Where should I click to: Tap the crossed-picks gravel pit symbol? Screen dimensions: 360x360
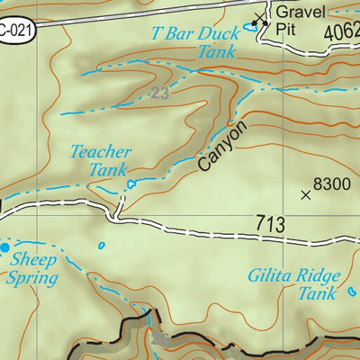[261, 17]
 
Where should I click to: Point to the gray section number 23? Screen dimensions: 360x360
[160, 93]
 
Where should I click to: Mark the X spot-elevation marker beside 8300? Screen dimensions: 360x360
[306, 193]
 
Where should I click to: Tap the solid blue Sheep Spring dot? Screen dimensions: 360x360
[5, 246]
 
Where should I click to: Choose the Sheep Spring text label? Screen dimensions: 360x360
[32, 269]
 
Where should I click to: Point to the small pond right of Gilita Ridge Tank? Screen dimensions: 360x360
[351, 292]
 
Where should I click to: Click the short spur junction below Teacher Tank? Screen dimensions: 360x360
[117, 214]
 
